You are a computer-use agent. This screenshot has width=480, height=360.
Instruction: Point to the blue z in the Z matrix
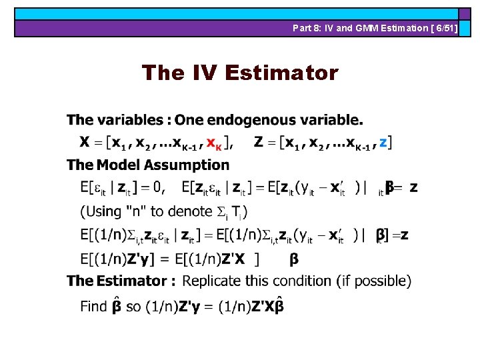[383, 142]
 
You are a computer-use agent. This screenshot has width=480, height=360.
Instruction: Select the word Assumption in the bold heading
[189, 165]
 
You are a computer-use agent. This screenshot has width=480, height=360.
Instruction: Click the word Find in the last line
[93, 307]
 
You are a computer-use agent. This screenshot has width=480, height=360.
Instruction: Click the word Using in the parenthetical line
[103, 212]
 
